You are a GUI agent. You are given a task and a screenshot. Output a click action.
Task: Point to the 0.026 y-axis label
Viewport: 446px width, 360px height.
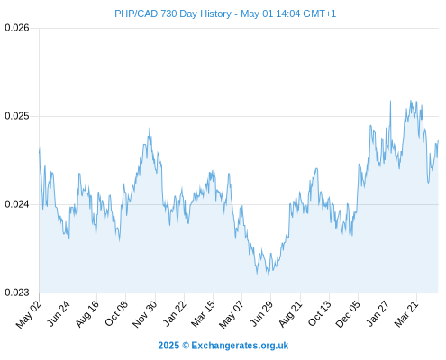point(17,28)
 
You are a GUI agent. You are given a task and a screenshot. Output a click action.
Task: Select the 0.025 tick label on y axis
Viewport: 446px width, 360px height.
point(17,116)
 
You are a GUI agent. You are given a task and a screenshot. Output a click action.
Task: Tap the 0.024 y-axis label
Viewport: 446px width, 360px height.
point(17,204)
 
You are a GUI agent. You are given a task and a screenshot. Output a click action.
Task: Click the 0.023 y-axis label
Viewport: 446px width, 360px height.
point(17,292)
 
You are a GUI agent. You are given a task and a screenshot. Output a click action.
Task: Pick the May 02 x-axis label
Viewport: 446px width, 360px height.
point(29,314)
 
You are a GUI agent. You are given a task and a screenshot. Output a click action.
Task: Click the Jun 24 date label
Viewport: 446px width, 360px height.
point(59,313)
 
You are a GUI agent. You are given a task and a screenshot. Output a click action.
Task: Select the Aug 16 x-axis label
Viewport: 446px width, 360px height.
point(87,314)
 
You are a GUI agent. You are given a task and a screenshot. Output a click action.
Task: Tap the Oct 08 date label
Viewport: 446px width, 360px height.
point(116,313)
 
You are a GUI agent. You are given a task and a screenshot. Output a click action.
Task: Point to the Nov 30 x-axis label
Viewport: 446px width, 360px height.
point(145,314)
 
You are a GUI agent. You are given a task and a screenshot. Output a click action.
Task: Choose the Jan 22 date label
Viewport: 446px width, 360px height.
point(174,313)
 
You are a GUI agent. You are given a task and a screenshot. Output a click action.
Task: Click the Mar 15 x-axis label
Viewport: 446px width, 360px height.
point(203,313)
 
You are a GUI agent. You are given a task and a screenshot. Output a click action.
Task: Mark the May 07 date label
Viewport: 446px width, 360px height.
point(232,314)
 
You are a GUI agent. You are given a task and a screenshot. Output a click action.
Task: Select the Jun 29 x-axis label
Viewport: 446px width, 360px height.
point(261,313)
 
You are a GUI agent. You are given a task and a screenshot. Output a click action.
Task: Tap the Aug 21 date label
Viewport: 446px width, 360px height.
point(290,313)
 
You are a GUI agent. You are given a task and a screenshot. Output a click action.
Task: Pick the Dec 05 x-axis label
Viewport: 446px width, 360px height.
point(348,314)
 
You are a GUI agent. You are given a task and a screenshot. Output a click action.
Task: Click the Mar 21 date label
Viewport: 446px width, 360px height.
point(406,313)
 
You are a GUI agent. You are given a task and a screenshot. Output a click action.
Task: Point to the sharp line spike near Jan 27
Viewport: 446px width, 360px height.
point(390,101)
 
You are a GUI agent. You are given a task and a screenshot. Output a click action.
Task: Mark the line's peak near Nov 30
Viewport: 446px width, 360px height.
point(150,129)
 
